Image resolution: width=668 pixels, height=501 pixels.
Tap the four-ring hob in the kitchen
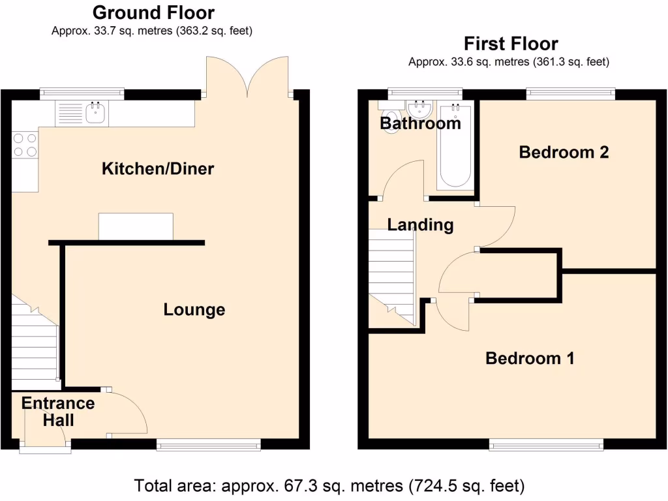[x=24, y=145]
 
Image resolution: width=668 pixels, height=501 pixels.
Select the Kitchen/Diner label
[x=158, y=169]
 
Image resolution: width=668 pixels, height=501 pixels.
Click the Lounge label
[x=194, y=310]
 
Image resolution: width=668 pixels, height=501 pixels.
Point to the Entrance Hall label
[x=58, y=412]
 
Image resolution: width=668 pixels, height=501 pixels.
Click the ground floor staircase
[x=34, y=346]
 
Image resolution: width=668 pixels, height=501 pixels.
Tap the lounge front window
[x=208, y=445]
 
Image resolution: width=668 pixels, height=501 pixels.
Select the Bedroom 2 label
[x=564, y=152]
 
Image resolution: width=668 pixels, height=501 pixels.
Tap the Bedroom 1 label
[x=530, y=358]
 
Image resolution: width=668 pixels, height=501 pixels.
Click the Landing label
[x=420, y=225]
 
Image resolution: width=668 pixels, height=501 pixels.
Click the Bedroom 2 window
[x=570, y=94]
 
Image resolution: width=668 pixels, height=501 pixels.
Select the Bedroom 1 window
[x=546, y=445]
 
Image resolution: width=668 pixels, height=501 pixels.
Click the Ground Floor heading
[x=153, y=12]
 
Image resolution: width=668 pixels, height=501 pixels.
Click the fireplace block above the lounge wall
[x=136, y=226]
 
